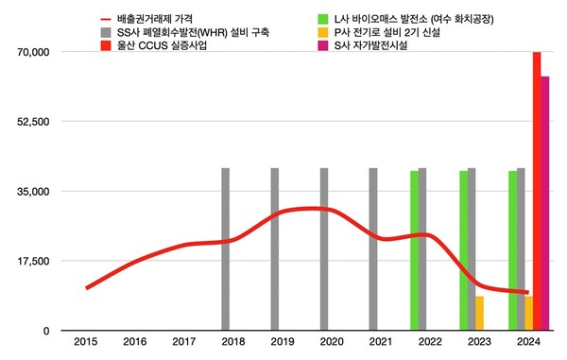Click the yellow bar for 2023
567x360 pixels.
pyautogui.click(x=480, y=313)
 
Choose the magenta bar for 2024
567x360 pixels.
pyautogui.click(x=545, y=203)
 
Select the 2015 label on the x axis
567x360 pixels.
pyautogui.click(x=86, y=342)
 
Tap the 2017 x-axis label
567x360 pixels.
pyautogui.click(x=184, y=342)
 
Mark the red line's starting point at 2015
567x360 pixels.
pyautogui.click(x=86, y=287)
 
